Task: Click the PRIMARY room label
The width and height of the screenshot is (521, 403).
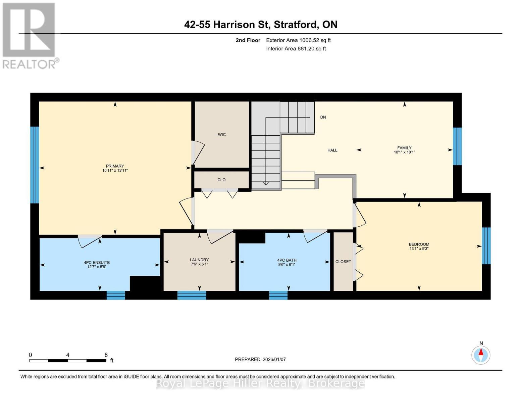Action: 115,166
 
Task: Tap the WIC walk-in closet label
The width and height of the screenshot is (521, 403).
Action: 222,135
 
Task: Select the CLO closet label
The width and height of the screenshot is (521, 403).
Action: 221,180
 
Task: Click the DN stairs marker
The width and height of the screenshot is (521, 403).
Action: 323,117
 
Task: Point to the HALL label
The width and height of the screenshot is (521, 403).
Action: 332,150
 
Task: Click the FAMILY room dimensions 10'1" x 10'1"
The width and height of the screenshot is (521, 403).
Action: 404,152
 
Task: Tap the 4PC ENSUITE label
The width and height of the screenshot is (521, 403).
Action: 97,263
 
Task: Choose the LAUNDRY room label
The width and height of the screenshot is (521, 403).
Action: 199,260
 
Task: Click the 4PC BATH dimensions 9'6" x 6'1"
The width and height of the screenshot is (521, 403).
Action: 287,265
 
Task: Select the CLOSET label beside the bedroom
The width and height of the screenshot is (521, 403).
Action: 343,262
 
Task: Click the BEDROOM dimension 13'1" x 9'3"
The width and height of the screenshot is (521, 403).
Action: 419,249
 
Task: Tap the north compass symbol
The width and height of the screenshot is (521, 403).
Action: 481,355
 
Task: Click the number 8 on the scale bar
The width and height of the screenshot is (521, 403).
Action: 106,355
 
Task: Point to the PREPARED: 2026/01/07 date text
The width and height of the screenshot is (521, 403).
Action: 260,359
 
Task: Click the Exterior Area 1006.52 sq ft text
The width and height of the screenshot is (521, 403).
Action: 298,40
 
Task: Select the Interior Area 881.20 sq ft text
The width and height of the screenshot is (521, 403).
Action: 296,49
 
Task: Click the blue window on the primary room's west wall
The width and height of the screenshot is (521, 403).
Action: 35,165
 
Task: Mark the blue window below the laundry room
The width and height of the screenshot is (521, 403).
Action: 192,295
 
